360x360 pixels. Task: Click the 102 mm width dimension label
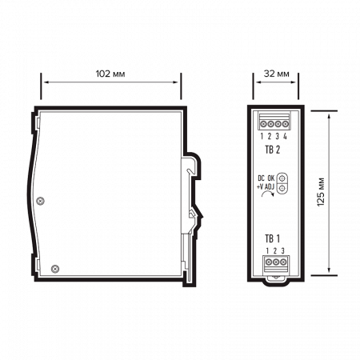click(x=110, y=74)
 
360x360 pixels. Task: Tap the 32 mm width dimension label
click(x=276, y=74)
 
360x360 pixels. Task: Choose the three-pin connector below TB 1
click(x=275, y=261)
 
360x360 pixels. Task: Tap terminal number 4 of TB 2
click(x=284, y=136)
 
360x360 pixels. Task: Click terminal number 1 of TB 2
click(x=262, y=136)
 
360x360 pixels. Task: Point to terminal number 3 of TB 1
click(x=282, y=250)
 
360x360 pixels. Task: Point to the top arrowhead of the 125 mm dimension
click(x=328, y=113)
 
